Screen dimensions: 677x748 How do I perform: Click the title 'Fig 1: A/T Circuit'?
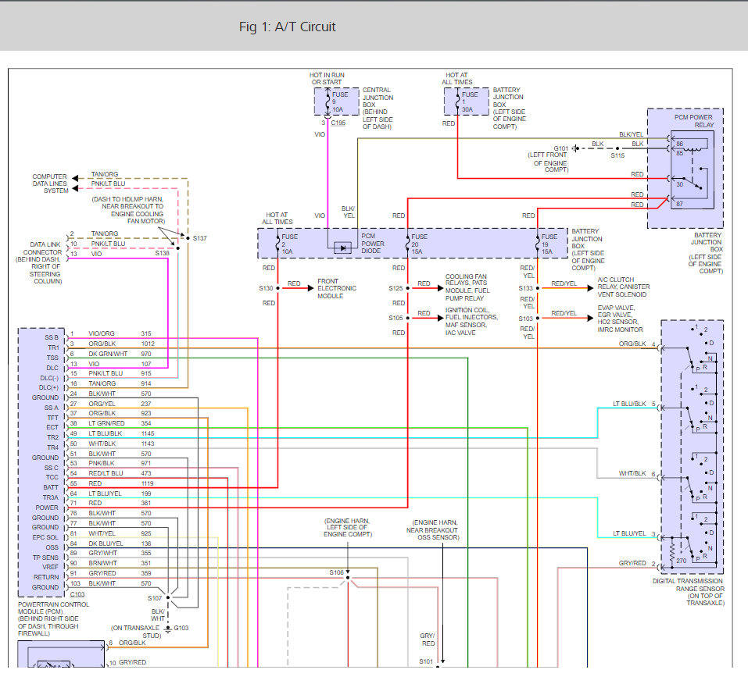[x=287, y=27]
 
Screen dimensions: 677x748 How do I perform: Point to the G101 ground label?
[x=562, y=148]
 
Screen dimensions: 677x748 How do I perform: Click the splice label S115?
[x=618, y=156]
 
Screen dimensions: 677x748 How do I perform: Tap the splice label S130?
[x=267, y=288]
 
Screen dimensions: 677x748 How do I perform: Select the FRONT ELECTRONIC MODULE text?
[x=336, y=288]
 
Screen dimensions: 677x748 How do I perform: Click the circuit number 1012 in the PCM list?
[x=147, y=344]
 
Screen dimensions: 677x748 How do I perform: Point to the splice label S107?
[x=156, y=599]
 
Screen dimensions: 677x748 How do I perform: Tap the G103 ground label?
[x=181, y=627]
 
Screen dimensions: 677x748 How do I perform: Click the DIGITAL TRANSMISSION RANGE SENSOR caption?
[x=688, y=592]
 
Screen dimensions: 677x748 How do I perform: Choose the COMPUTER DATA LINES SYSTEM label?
[x=49, y=183]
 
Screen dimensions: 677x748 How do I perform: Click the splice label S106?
[x=336, y=572]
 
